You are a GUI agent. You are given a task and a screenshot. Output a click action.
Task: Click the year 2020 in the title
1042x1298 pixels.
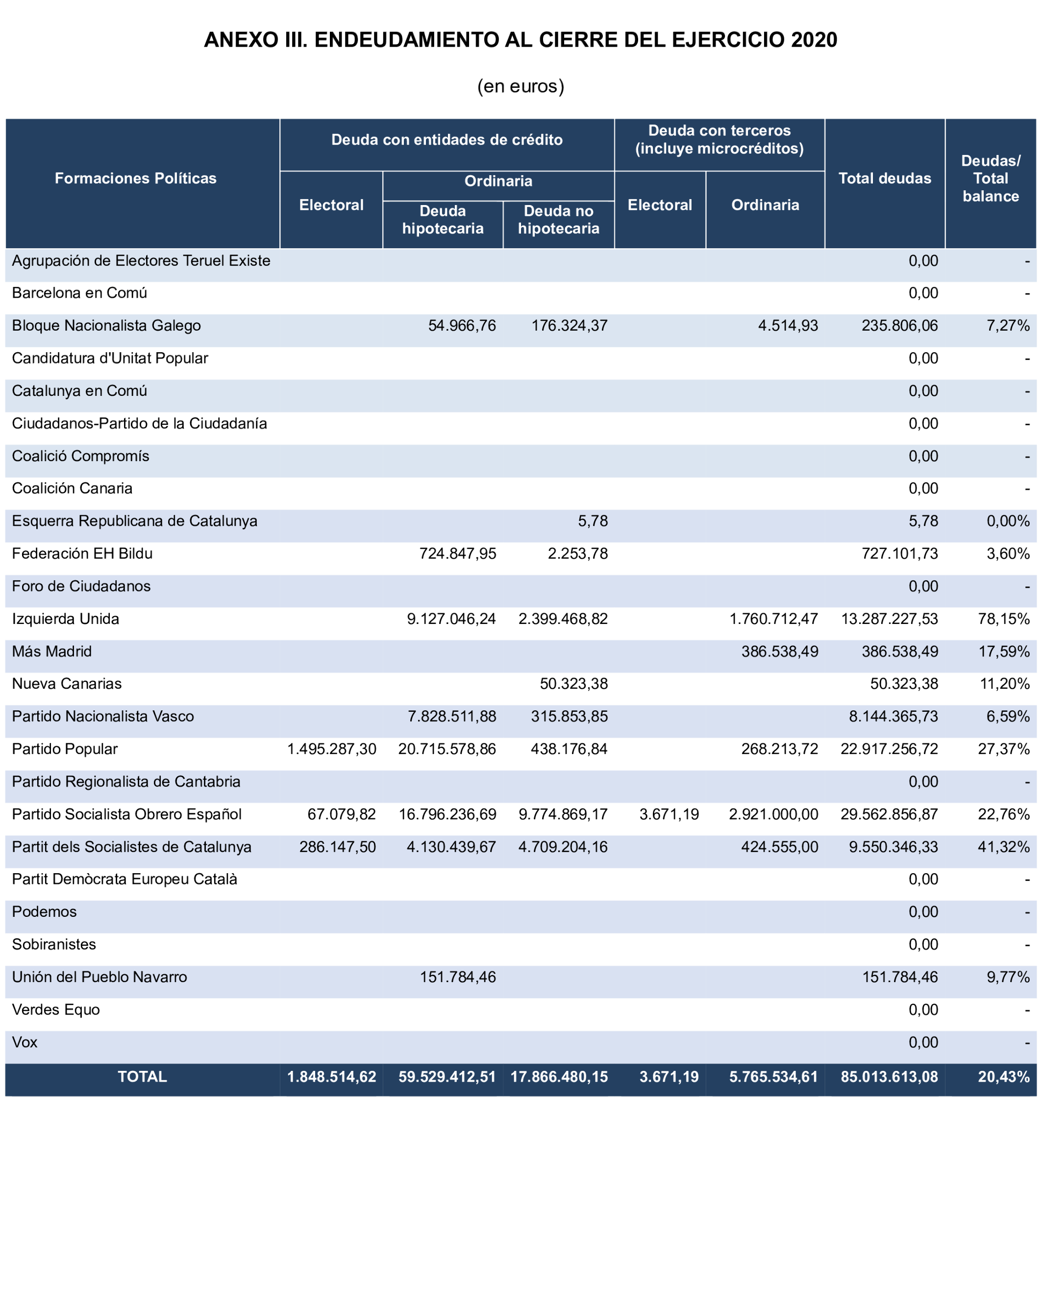tap(814, 40)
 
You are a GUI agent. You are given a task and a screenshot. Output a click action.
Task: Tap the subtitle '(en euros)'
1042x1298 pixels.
tap(521, 86)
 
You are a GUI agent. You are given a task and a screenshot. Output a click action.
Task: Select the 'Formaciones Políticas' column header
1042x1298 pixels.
tap(135, 178)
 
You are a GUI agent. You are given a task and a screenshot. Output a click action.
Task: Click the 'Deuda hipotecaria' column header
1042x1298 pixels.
tap(442, 220)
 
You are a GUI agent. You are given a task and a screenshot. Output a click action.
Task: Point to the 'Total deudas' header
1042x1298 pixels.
tap(884, 178)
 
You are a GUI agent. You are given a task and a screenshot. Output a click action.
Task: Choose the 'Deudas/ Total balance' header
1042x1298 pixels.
tap(990, 178)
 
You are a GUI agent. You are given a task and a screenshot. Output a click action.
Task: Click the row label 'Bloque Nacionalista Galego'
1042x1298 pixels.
tap(106, 326)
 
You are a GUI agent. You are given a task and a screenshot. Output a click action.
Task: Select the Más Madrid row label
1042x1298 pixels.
tap(52, 651)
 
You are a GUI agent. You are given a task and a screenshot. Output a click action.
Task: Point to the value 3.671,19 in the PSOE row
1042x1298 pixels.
tap(669, 814)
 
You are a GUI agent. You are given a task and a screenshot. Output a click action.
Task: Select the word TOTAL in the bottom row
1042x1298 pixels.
tap(142, 1076)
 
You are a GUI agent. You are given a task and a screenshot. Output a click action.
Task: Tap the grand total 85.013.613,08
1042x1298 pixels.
tap(889, 1076)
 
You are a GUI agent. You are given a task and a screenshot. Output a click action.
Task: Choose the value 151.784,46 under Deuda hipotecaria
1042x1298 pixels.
tap(457, 977)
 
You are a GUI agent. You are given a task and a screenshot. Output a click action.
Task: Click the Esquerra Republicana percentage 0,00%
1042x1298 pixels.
tap(1008, 521)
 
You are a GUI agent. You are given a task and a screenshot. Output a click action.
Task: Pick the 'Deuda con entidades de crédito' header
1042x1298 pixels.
tap(447, 140)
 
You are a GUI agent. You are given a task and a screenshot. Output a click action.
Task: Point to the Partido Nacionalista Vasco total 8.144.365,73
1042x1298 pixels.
tap(893, 716)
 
